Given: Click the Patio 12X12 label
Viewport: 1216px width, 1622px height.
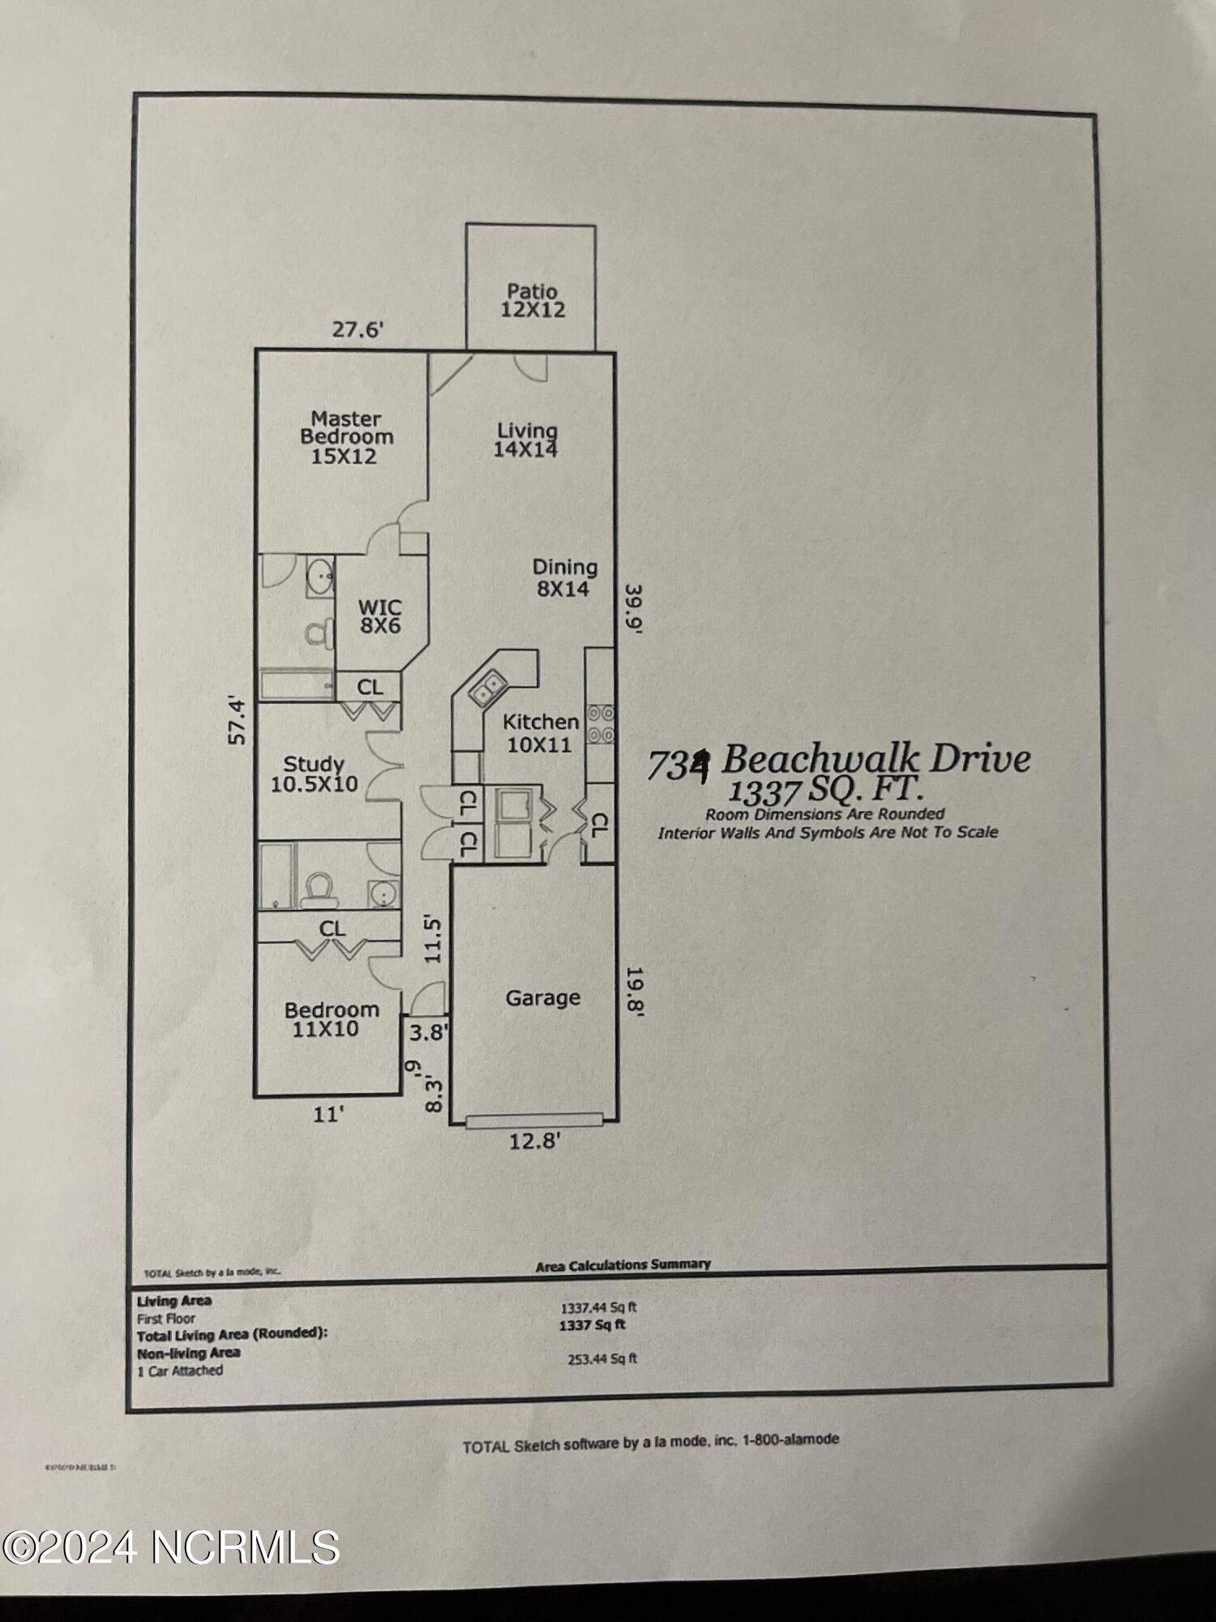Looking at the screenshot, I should click(533, 300).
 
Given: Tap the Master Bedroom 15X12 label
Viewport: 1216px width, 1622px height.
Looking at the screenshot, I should click(346, 437).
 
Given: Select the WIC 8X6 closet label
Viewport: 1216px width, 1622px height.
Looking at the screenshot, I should click(380, 616).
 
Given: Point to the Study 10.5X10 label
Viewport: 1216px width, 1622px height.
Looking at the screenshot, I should click(315, 774).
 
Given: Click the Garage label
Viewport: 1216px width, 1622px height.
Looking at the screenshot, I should click(542, 998).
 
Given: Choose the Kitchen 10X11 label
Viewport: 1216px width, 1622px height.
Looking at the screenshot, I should click(540, 732).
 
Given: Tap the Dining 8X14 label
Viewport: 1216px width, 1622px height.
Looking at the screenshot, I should click(564, 577).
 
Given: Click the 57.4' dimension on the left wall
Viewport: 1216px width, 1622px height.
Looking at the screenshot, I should click(237, 719).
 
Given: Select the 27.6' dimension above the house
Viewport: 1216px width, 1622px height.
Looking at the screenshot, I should click(358, 330).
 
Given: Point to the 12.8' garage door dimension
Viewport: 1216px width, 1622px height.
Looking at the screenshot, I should click(534, 1141).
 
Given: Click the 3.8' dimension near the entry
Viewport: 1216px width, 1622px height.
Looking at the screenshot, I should click(428, 1032).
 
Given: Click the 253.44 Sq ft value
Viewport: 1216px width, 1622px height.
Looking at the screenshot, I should click(602, 1358).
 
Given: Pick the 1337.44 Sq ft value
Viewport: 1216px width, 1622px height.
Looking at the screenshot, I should click(598, 1307).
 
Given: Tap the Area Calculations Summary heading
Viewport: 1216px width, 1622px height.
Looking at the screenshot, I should click(623, 1264).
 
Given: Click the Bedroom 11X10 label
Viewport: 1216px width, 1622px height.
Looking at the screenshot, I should click(332, 1019).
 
